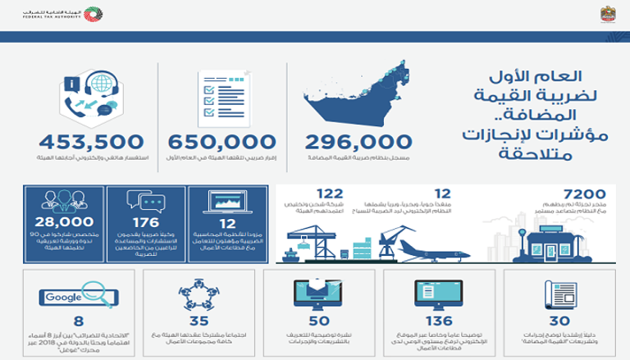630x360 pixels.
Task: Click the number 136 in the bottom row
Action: pyautogui.click(x=434, y=322)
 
